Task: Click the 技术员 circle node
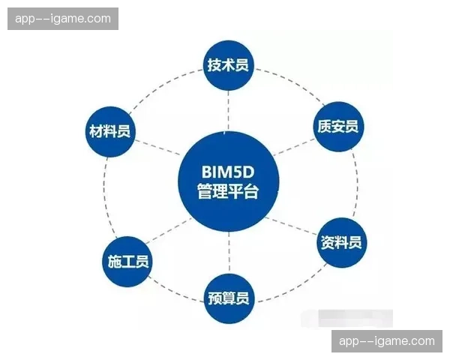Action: (227, 65)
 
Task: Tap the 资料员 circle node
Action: (341, 242)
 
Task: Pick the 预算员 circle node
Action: (227, 298)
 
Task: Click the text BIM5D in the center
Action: (228, 170)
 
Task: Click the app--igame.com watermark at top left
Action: (63, 19)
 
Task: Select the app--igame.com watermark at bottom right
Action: (387, 341)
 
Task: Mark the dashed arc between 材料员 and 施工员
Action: (104, 196)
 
